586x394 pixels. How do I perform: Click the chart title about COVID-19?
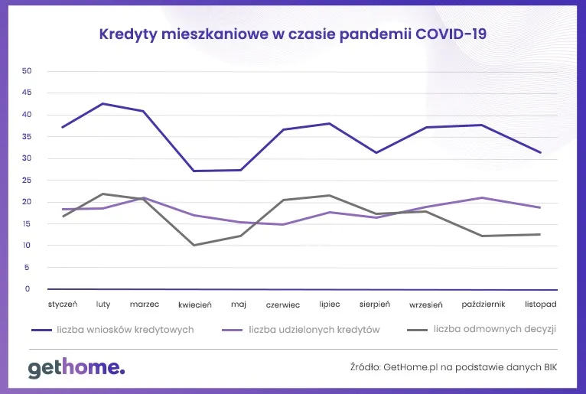(x=293, y=34)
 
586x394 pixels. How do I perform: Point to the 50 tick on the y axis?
(x=27, y=71)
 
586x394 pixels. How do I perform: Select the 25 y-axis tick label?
(x=27, y=181)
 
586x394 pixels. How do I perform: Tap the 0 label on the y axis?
(x=28, y=289)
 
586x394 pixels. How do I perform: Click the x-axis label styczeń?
(x=63, y=304)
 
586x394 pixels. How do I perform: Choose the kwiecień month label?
(x=195, y=304)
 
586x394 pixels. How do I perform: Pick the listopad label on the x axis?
(x=540, y=304)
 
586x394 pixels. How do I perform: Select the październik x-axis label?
(x=483, y=304)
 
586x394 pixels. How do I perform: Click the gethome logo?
(x=77, y=369)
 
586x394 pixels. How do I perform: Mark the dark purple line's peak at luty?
(x=103, y=103)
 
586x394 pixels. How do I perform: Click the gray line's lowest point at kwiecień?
(x=194, y=245)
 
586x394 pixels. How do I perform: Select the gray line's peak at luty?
(x=103, y=194)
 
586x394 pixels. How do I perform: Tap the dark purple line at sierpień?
(x=375, y=152)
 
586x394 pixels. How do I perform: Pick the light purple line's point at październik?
(x=483, y=197)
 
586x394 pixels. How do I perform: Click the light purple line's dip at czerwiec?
(x=283, y=224)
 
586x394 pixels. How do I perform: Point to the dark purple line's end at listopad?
(x=541, y=152)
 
